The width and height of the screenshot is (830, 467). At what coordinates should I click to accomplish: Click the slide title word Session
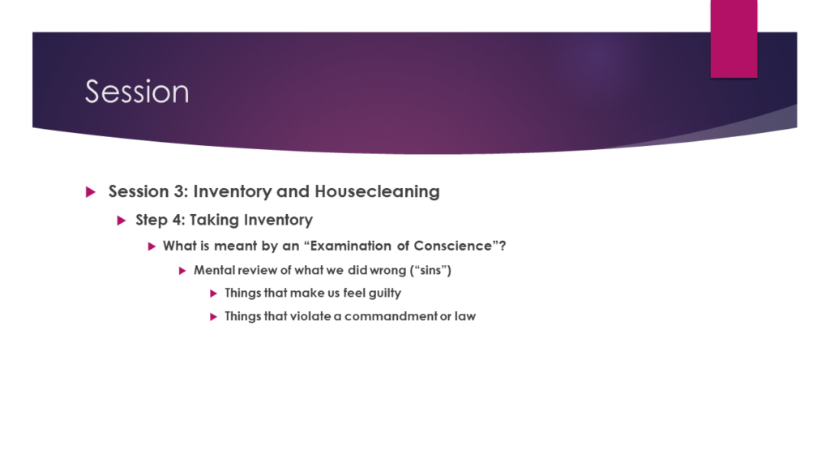click(137, 92)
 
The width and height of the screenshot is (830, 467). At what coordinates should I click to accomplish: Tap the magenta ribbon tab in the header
click(734, 39)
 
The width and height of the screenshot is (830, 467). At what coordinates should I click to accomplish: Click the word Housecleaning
click(377, 191)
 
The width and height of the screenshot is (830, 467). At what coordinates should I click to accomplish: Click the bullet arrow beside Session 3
click(91, 191)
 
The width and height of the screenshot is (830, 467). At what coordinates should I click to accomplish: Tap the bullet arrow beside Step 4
click(122, 221)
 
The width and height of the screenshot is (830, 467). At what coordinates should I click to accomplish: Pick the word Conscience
click(452, 246)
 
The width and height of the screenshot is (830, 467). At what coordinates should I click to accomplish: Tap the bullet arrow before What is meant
click(152, 246)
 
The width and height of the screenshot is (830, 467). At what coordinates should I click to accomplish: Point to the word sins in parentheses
click(430, 270)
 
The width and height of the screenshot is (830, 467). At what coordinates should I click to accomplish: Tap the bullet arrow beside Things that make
click(213, 293)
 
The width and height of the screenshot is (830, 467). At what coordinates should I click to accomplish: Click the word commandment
click(391, 316)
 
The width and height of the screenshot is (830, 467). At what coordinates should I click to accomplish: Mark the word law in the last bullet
click(464, 316)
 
